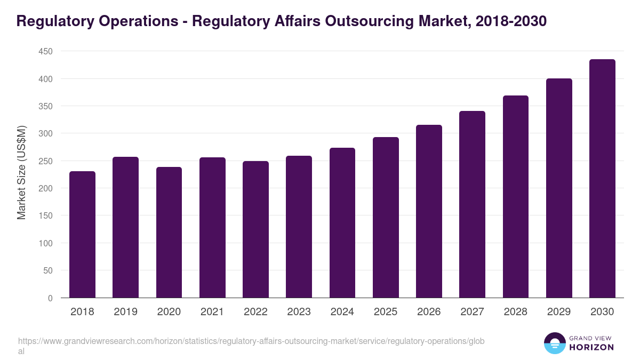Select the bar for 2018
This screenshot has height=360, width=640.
82,235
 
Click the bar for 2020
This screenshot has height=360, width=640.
169,233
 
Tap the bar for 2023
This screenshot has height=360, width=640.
299,227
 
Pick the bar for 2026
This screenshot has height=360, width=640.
429,211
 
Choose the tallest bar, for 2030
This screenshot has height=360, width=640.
602,179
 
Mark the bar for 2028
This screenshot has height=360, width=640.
516,197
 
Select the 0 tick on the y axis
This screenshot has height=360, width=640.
50,298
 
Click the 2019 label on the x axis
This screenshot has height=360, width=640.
125,312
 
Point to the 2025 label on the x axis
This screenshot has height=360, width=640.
386,312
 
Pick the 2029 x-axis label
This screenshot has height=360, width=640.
559,312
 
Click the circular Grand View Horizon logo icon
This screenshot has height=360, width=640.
555,343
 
